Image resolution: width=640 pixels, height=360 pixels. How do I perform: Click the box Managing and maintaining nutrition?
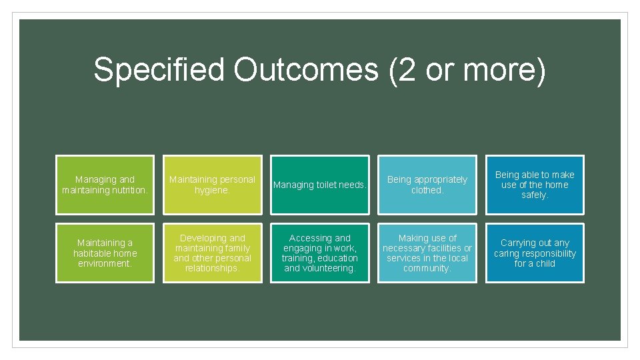click(x=105, y=185)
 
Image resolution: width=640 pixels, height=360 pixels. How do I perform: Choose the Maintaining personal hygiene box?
click(x=213, y=185)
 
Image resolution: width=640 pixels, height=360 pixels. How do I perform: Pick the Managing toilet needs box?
click(x=320, y=185)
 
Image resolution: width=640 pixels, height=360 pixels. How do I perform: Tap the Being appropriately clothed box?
click(x=427, y=185)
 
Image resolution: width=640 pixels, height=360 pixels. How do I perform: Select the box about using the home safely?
click(x=535, y=185)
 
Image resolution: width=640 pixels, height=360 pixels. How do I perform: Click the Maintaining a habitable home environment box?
click(x=105, y=253)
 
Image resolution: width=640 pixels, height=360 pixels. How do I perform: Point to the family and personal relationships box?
click(x=213, y=253)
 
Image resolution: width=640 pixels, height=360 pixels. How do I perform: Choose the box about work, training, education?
click(x=320, y=253)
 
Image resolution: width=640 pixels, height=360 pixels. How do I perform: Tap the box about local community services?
click(x=427, y=253)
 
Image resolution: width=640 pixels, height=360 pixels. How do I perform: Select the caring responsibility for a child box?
click(x=535, y=253)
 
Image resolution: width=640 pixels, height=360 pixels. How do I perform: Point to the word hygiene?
click(x=212, y=190)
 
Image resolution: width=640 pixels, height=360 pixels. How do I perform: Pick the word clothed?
click(x=427, y=190)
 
